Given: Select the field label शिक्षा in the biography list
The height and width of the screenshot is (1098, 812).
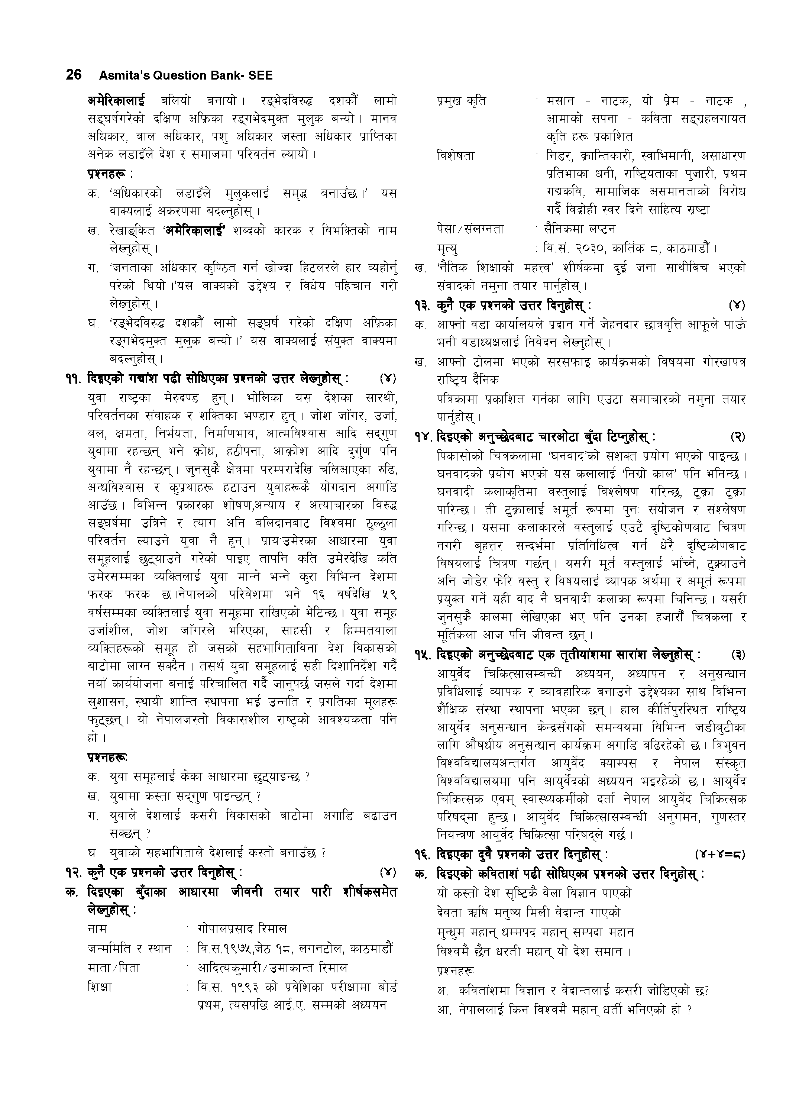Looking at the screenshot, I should (100, 986).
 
